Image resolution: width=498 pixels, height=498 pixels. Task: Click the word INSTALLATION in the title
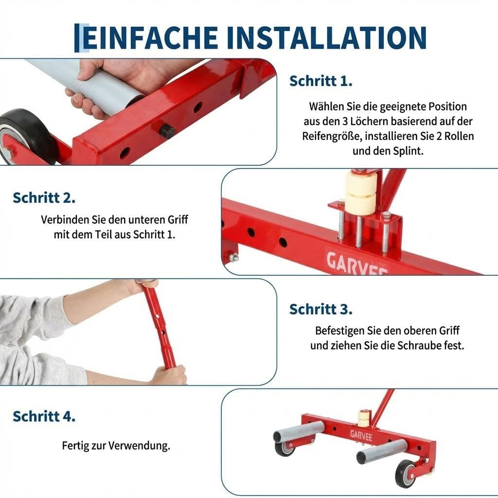pyautogui.click(x=326, y=38)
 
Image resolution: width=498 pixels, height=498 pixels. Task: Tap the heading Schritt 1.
pyautogui.click(x=321, y=81)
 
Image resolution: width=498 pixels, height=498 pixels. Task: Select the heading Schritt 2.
pyautogui.click(x=44, y=197)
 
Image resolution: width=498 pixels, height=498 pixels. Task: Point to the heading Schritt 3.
pyautogui.click(x=321, y=309)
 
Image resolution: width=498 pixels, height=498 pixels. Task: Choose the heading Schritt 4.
pyautogui.click(x=44, y=416)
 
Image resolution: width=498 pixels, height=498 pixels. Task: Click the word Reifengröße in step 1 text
pyautogui.click(x=332, y=136)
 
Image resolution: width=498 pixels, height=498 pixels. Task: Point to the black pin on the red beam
pyautogui.click(x=166, y=130)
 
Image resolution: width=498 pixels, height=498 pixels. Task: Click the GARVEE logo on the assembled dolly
pyautogui.click(x=361, y=435)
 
